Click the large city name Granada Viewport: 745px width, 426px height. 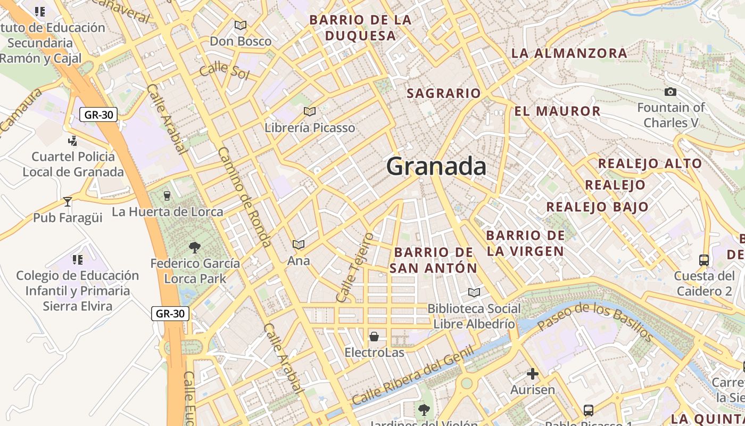(x=436, y=167)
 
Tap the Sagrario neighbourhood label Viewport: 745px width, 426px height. (x=444, y=93)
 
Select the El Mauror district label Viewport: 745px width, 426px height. (x=557, y=111)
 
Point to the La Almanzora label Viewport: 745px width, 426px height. (x=569, y=53)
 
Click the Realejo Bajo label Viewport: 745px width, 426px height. (x=597, y=207)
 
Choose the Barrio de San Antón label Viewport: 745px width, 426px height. (x=433, y=260)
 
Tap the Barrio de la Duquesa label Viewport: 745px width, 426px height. (x=360, y=28)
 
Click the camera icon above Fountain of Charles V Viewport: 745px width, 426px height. (x=670, y=92)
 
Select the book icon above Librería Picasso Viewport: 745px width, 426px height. (x=309, y=111)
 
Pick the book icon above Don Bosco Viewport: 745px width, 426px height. (x=241, y=25)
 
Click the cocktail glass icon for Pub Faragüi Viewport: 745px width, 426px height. (x=68, y=201)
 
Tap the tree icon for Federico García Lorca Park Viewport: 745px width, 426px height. (x=195, y=247)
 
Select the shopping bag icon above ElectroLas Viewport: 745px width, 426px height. (x=374, y=337)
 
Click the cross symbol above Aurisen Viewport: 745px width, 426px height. (x=532, y=374)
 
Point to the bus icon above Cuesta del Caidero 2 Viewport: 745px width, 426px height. (x=703, y=260)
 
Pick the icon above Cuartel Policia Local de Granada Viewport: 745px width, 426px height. (x=73, y=141)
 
